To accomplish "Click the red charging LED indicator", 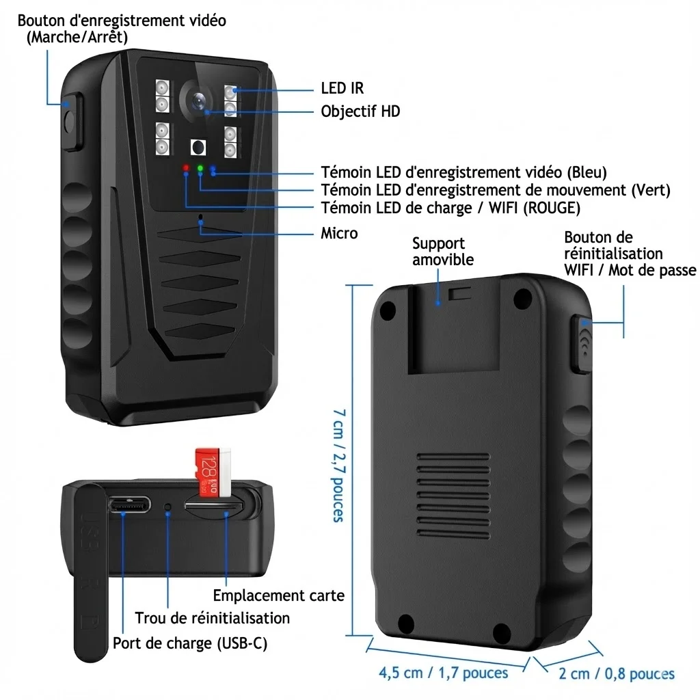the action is click(x=186, y=168).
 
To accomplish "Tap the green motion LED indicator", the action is click(x=200, y=168).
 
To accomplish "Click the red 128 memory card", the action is click(x=213, y=472).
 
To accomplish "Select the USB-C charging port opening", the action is click(x=129, y=505).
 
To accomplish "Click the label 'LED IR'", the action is click(x=342, y=88).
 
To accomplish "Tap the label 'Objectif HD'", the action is click(x=360, y=111).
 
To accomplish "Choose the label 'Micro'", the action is click(x=339, y=233).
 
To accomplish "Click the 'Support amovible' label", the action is click(x=443, y=252).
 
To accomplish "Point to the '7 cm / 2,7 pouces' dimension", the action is click(x=339, y=466).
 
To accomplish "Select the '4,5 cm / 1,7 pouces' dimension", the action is click(x=443, y=673).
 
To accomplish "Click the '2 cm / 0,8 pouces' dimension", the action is click(x=617, y=673).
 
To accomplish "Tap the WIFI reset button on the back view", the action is click(x=582, y=345).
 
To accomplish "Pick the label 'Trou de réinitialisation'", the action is click(x=213, y=618).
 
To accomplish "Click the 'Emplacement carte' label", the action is click(x=279, y=595).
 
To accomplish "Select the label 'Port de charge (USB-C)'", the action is click(x=190, y=643).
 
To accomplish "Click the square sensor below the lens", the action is click(x=198, y=148).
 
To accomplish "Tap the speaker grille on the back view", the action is click(x=454, y=496).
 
